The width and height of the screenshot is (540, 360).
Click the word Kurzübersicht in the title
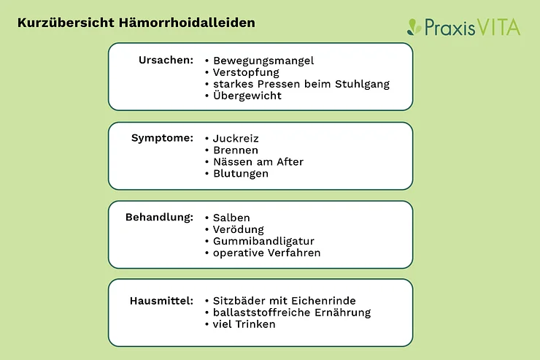[66, 23]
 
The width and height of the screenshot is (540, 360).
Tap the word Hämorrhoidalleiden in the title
[187, 23]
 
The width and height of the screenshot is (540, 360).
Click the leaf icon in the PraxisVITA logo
[414, 27]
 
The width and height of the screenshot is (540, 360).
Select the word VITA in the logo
[498, 27]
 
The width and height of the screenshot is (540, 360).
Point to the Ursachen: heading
[166, 61]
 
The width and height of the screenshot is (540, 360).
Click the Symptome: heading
[162, 138]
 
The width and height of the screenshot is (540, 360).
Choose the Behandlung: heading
[160, 218]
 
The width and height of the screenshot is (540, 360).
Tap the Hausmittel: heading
[161, 301]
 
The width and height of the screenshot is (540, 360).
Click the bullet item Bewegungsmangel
[263, 61]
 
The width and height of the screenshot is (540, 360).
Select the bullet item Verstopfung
[246, 73]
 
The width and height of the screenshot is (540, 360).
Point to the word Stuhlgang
[362, 85]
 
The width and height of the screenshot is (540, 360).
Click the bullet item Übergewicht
[247, 96]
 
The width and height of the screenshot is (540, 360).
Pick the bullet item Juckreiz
[236, 139]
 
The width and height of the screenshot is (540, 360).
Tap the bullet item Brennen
[236, 150]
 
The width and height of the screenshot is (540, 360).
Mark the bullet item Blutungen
[241, 174]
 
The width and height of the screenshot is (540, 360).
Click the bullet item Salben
[231, 218]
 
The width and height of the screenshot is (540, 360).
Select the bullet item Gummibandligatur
[264, 241]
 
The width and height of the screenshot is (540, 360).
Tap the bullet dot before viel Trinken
[207, 324]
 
